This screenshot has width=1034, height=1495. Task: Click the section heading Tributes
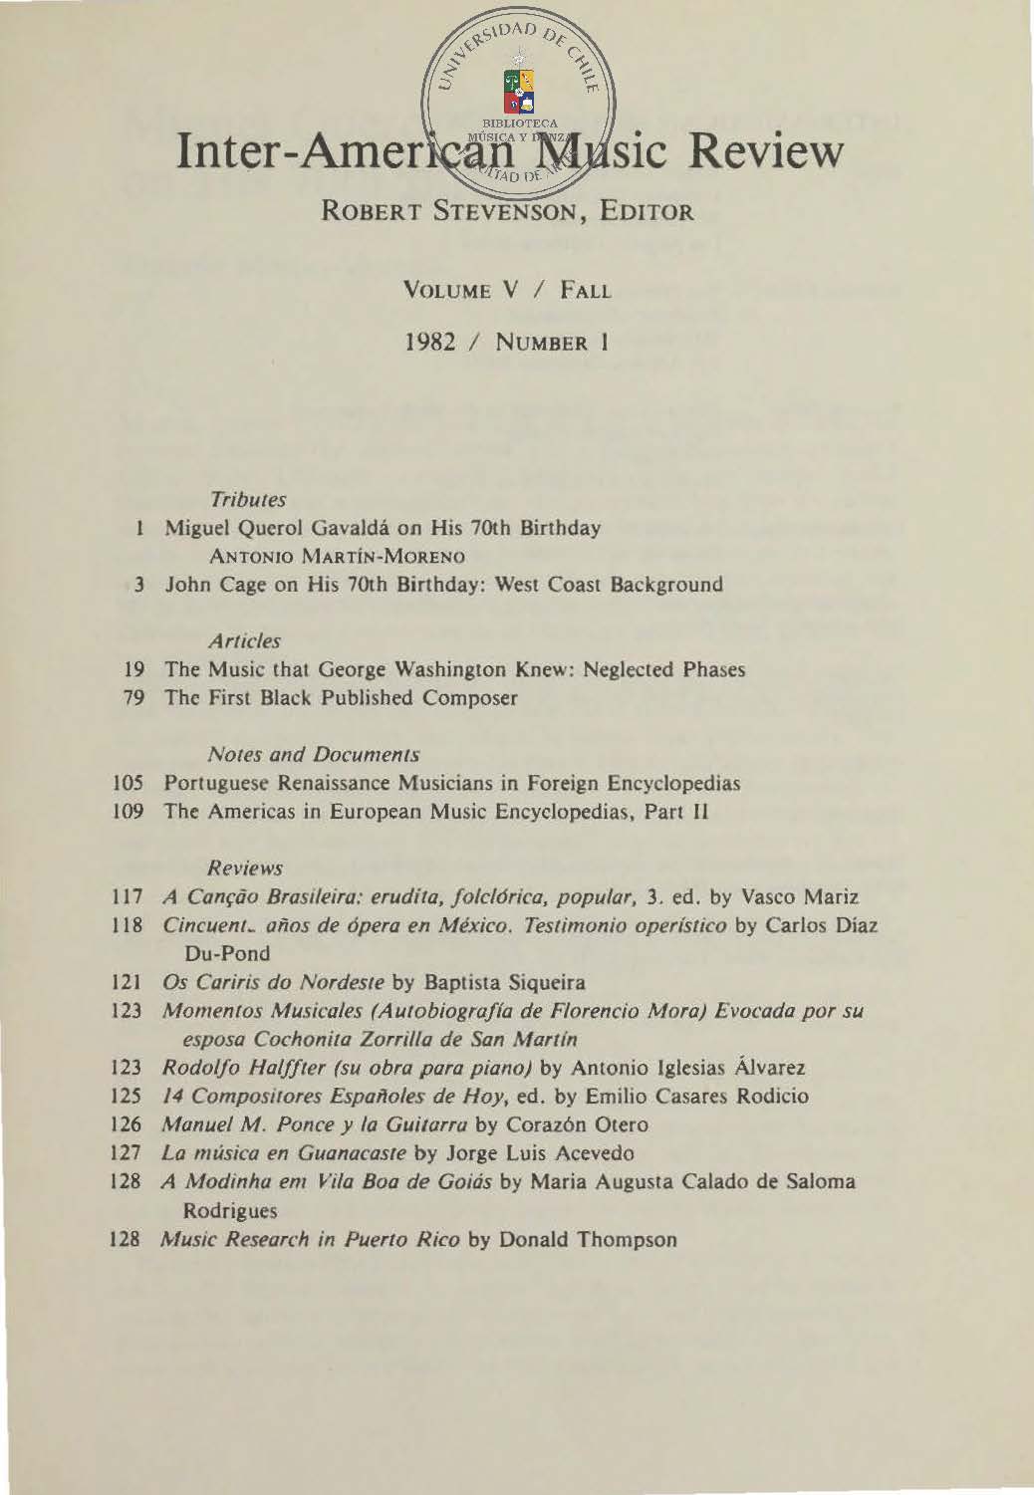pos(248,498)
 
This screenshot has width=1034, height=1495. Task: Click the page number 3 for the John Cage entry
pos(141,584)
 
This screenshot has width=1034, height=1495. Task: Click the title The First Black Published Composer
pos(341,698)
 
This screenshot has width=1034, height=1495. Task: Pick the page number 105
pos(132,783)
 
